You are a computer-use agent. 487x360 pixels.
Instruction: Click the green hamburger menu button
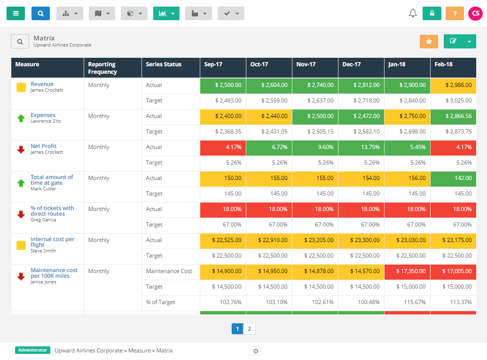click(x=16, y=14)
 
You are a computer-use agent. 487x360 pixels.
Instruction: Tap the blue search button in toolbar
click(x=40, y=14)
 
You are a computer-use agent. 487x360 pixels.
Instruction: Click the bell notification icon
click(x=413, y=14)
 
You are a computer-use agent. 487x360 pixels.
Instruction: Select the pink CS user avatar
click(x=475, y=14)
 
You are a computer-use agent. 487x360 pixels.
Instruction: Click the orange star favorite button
click(x=429, y=41)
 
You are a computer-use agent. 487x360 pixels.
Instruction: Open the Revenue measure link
click(x=42, y=84)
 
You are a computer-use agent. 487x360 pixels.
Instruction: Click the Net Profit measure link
click(x=43, y=146)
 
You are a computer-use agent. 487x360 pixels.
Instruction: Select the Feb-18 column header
click(x=443, y=64)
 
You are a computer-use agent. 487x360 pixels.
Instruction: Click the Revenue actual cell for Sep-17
click(x=223, y=85)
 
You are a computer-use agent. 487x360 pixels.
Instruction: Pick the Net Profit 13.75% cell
click(x=361, y=147)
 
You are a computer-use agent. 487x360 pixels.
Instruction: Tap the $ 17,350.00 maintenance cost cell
click(x=407, y=271)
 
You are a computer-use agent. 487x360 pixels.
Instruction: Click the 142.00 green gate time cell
click(x=453, y=178)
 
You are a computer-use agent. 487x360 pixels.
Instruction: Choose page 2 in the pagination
click(x=250, y=329)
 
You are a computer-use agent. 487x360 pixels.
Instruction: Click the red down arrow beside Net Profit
click(x=21, y=149)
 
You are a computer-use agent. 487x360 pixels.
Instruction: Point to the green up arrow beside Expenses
click(x=21, y=118)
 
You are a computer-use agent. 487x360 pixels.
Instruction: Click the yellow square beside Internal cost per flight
click(x=21, y=245)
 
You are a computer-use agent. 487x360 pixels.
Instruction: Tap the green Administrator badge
click(x=32, y=350)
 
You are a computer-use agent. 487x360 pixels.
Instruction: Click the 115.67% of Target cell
click(x=407, y=302)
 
